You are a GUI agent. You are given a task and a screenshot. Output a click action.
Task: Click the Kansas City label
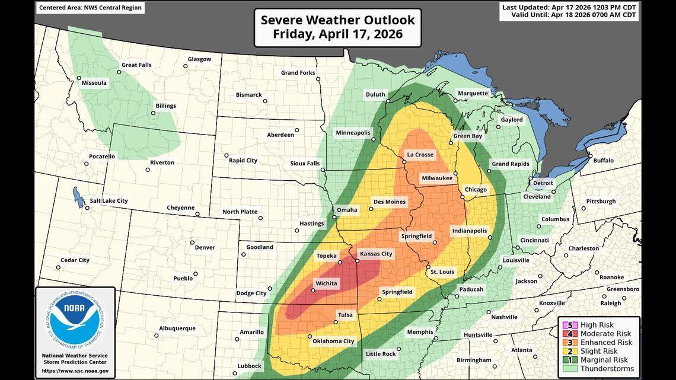pos(376,254)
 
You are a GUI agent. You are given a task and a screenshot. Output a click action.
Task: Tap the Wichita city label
pos(326,283)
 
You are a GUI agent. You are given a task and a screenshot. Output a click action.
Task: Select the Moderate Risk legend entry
pos(605,334)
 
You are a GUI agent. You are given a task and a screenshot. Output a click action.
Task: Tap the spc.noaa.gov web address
pos(75,371)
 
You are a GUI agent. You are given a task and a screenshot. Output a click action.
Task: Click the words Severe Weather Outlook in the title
pos(338,20)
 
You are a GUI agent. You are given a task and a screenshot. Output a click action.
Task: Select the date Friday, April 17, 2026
pos(338,34)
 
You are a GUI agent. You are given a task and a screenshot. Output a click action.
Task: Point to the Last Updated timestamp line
pos(569,7)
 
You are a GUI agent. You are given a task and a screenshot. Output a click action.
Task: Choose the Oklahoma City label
pos(333,341)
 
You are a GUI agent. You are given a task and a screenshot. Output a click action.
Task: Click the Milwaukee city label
pos(437,178)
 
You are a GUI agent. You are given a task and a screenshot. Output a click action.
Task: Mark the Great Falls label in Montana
pos(138,65)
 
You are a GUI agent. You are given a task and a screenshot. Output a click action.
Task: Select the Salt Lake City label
pos(109,201)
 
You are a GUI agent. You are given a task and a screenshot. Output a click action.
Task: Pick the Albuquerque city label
pos(177,328)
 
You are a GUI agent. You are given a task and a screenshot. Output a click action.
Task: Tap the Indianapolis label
pos(469,231)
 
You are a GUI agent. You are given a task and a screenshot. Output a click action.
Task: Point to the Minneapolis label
pos(353,132)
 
